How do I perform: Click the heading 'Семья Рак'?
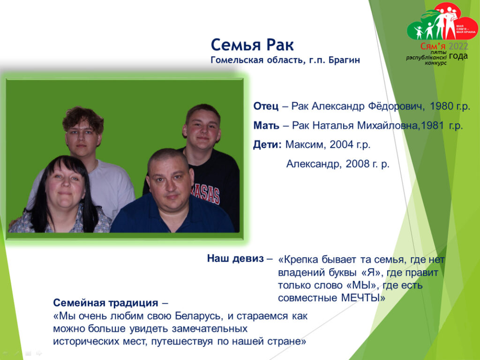point(252,45)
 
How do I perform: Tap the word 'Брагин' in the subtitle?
point(344,60)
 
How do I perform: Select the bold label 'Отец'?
point(266,106)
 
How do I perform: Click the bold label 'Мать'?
point(266,126)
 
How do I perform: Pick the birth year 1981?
point(433,126)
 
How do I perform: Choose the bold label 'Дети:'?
point(267,144)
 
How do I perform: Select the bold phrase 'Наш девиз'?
point(235,258)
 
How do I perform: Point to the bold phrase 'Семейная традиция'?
point(105,303)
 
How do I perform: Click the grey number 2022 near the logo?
point(458,46)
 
